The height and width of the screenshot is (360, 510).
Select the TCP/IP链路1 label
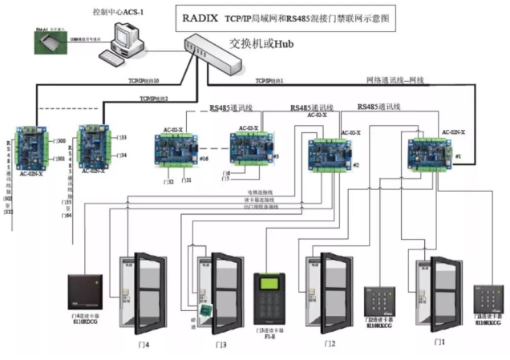pos(269,81)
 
